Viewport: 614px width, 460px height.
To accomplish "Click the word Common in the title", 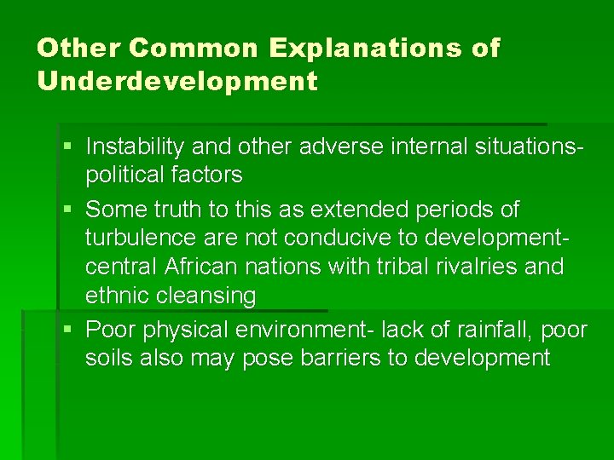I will point(192,48).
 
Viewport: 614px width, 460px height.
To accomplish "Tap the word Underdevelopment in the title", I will point(177,82).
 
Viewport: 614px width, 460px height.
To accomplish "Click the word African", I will point(202,267).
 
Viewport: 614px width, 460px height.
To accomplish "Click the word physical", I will point(181,329).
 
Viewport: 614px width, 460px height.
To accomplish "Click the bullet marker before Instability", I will point(67,147).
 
